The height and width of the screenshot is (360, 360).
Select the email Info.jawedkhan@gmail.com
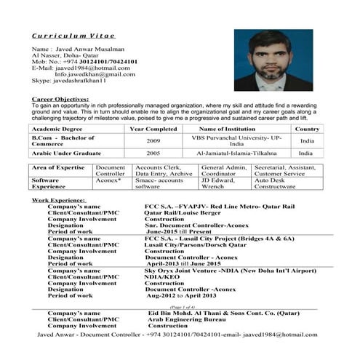[x=95, y=74]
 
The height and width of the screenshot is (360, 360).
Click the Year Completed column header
[x=153, y=129]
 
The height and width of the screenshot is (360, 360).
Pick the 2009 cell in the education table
[x=153, y=140]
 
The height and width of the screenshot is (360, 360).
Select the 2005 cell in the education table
[x=153, y=153]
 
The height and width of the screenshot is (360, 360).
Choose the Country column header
[x=307, y=129]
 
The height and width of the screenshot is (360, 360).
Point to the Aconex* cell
[x=109, y=180]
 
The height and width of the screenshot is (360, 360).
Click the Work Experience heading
[x=58, y=200]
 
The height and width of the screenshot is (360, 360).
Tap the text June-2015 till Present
[x=178, y=232]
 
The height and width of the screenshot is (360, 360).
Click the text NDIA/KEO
[x=160, y=277]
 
